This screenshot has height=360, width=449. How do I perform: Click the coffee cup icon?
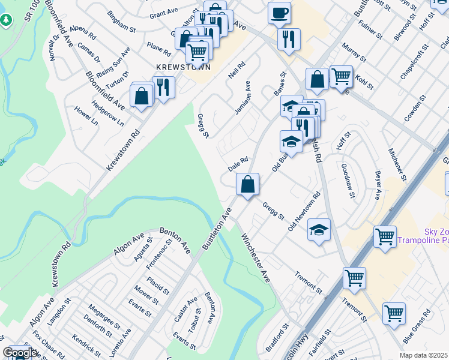(x=279, y=13)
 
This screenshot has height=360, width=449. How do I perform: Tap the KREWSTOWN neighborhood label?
(x=184, y=67)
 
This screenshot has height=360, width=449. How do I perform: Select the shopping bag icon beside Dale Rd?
(x=247, y=184)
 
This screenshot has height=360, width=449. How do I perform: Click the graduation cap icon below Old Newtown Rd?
(x=319, y=229)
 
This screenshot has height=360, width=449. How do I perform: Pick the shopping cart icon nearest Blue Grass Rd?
(x=394, y=313)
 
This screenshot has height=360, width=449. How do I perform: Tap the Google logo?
(x=19, y=353)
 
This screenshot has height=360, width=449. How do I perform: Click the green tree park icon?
(x=6, y=20)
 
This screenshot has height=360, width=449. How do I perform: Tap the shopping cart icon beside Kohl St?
(x=341, y=76)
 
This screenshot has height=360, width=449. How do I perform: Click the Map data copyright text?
(x=423, y=355)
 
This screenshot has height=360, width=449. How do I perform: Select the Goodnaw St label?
(x=349, y=180)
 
